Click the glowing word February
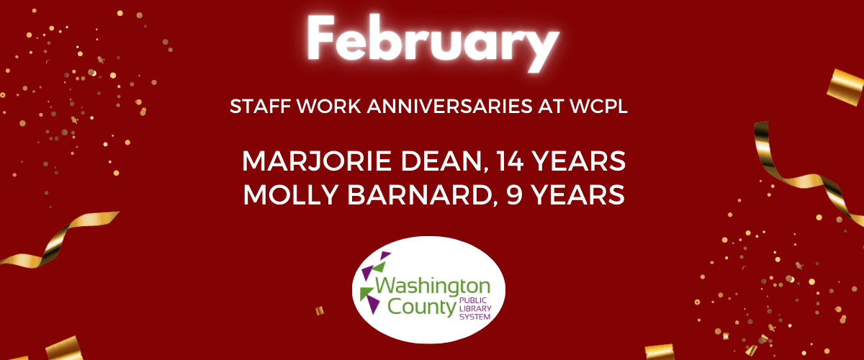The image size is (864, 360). click(433, 42)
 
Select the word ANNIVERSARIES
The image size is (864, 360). click(449, 107)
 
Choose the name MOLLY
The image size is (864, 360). click(291, 194)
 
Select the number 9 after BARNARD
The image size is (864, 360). click(515, 194)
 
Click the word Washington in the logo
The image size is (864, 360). click(433, 287)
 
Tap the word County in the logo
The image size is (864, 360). click(422, 307)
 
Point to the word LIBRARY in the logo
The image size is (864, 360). click(475, 309)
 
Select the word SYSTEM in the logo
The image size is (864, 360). click(474, 317)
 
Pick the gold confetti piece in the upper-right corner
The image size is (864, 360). click(845, 87)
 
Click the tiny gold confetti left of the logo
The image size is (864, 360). click(320, 310)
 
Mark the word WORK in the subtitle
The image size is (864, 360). click(328, 107)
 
